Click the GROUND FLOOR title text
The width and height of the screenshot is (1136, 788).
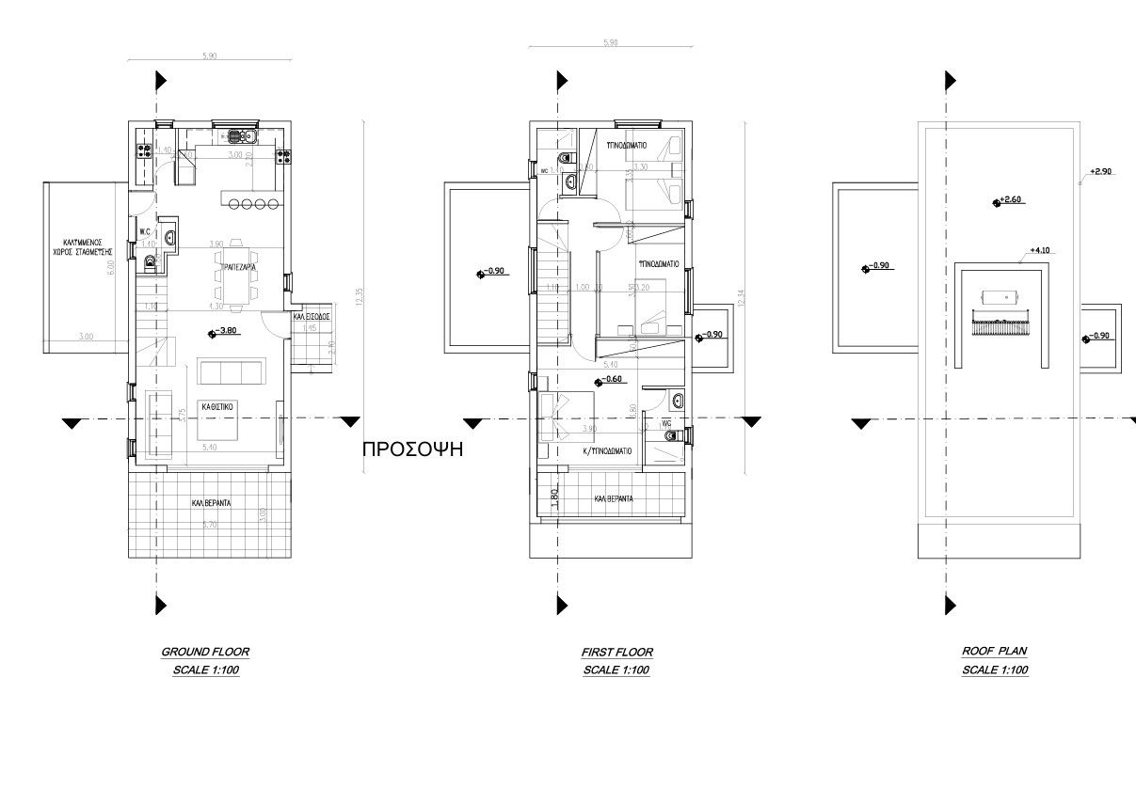(205, 652)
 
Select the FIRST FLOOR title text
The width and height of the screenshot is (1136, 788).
(616, 652)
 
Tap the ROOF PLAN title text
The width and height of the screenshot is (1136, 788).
(995, 652)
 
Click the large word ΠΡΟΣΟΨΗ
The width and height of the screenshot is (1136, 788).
(414, 449)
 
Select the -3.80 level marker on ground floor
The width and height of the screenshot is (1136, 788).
(224, 331)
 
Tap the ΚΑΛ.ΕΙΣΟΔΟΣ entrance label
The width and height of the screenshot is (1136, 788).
(311, 318)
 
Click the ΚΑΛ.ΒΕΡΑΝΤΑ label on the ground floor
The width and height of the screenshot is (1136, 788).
(211, 504)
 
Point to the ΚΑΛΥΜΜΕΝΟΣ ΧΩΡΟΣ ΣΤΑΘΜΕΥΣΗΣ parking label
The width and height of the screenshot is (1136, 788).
(83, 246)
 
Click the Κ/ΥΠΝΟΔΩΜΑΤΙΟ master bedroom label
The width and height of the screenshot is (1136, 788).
(607, 449)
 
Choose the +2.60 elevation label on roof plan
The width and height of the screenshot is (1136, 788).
(1010, 200)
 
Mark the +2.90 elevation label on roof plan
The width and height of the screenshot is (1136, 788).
(1100, 172)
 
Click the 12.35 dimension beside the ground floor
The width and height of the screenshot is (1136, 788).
(359, 298)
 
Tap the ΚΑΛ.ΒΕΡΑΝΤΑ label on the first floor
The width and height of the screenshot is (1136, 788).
(613, 499)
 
